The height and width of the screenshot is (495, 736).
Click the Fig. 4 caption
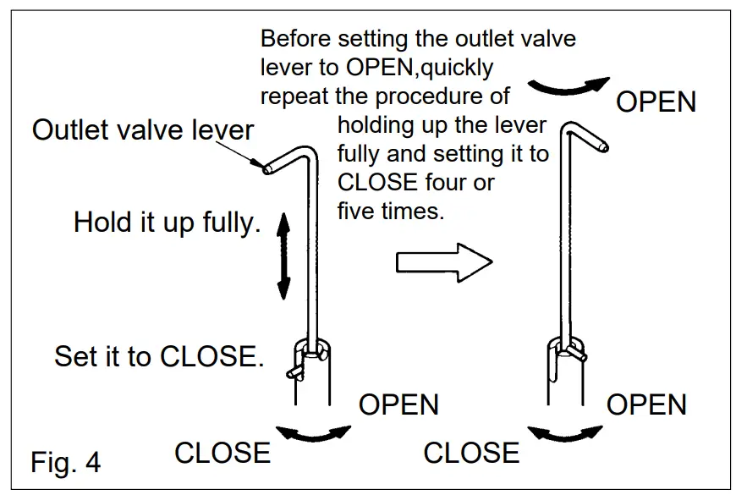pos(65,463)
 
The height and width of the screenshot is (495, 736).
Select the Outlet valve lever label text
pos(143,129)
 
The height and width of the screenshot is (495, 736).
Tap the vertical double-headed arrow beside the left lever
pos(283,256)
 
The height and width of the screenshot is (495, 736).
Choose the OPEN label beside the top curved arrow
pos(656,102)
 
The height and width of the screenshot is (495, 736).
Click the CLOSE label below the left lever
pos(222,453)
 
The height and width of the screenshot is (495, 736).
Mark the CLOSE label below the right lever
pos(471,453)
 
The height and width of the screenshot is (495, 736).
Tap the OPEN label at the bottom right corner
pos(646,404)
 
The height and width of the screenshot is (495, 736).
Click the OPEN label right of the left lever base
pos(398,404)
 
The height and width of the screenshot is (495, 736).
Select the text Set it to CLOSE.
pos(159,355)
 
